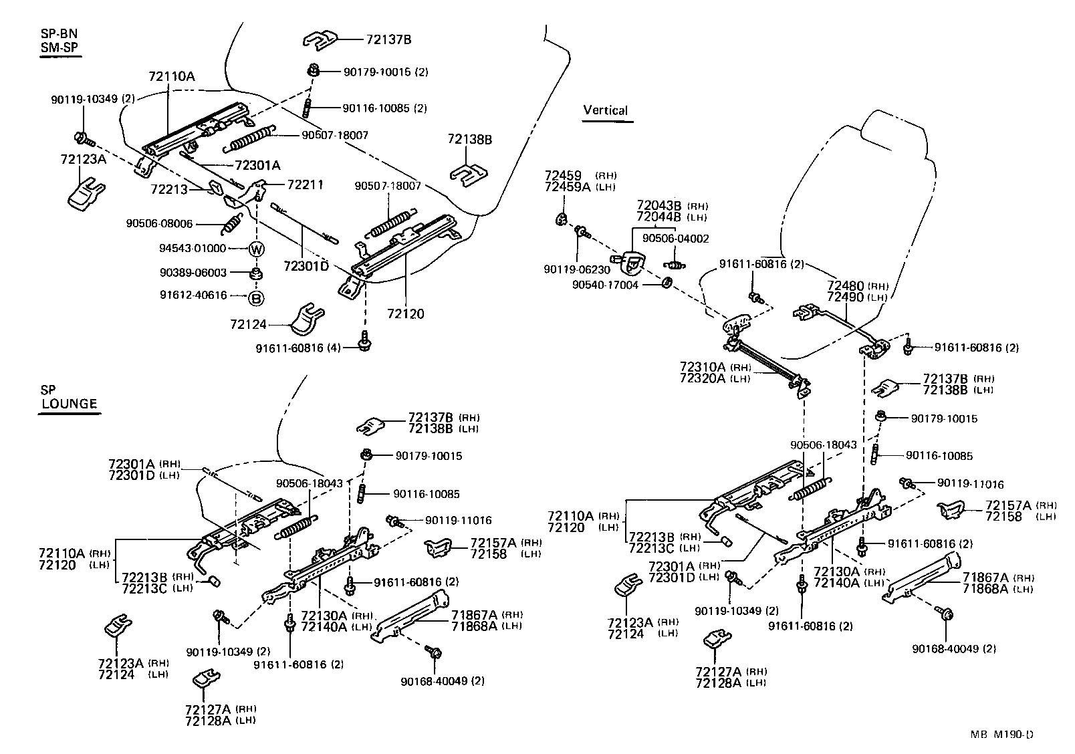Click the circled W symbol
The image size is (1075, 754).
tap(257, 249)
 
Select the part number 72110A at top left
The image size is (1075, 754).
tap(172, 77)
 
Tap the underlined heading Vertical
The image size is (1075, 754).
tap(605, 110)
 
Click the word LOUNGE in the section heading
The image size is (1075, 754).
tap(70, 404)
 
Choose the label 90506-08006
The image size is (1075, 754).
tap(159, 223)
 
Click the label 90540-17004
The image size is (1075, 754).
tap(605, 284)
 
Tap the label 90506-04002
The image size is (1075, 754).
tap(675, 239)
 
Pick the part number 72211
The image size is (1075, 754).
tap(305, 184)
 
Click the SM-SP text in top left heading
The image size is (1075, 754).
tap(59, 49)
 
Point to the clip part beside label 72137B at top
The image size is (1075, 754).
tap(320, 40)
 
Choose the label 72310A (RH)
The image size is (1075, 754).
tap(703, 367)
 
